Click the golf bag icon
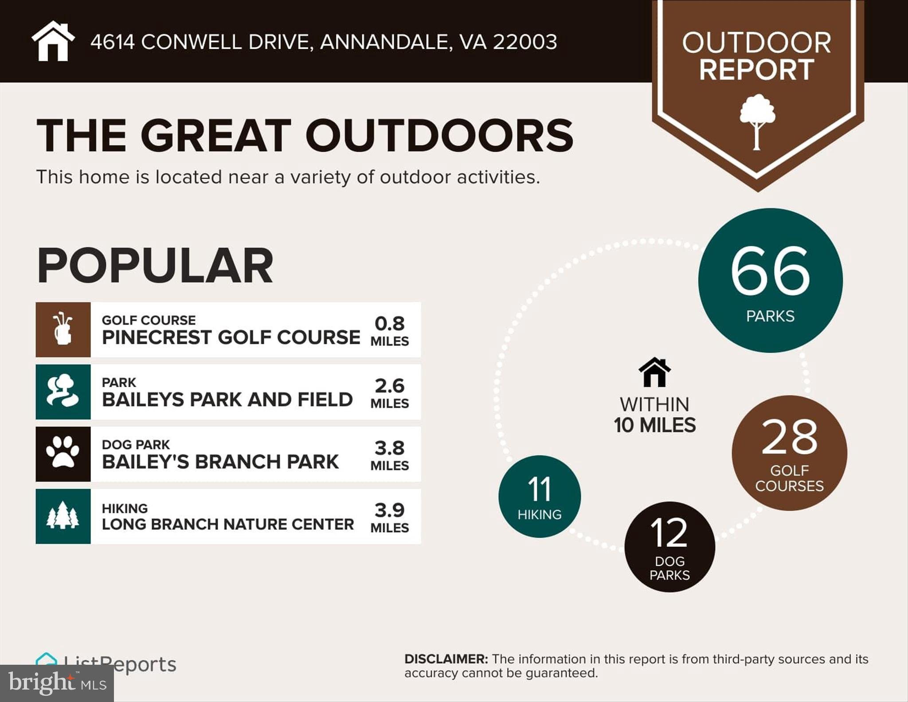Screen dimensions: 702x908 pos(63,329)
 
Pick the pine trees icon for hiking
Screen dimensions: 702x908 pos(63,516)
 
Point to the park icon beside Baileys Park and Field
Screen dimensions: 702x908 pos(63,391)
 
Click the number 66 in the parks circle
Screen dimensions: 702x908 pos(770,271)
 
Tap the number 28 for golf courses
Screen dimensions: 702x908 pos(789,437)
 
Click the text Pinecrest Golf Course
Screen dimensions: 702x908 pos(231,337)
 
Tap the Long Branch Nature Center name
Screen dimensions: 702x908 pos(228,524)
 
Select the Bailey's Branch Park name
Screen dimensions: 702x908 pos(220,462)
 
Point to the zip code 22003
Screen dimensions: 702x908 pos(525,42)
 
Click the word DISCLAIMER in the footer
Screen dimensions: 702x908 pos(446,659)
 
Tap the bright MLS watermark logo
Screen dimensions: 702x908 pos(57,683)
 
